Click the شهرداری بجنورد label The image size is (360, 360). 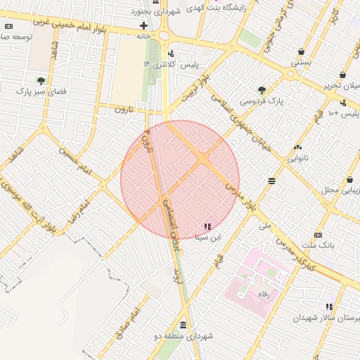(x=162, y=13)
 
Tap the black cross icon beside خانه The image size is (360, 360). (x=143, y=25)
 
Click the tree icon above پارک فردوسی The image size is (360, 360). (x=262, y=90)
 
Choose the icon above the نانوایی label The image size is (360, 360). (x=297, y=147)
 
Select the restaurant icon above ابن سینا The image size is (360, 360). (x=207, y=226)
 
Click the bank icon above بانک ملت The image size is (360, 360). (x=319, y=235)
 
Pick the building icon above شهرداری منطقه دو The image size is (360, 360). (x=184, y=325)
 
